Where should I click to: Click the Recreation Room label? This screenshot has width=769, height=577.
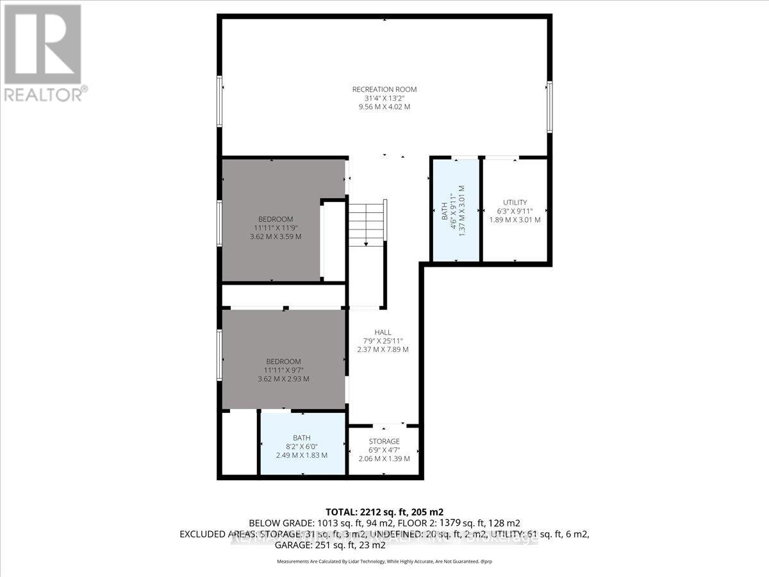(x=384, y=89)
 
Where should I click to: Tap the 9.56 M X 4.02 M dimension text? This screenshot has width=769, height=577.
(x=384, y=106)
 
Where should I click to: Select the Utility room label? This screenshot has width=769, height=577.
(x=515, y=203)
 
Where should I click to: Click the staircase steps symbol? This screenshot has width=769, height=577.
(x=367, y=221)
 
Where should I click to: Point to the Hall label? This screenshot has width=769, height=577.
(x=383, y=332)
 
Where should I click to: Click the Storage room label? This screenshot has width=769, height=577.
(x=384, y=441)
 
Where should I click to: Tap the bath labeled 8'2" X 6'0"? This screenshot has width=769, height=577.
(x=301, y=446)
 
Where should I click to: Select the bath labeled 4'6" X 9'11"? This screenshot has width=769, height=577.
(x=456, y=210)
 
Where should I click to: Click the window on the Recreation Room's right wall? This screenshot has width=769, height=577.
(x=549, y=106)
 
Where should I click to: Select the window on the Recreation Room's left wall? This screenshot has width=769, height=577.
(x=219, y=101)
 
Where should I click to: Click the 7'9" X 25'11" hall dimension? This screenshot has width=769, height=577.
(x=383, y=341)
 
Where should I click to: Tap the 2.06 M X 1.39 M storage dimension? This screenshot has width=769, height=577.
(x=384, y=458)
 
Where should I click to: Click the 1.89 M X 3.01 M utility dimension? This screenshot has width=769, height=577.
(x=515, y=220)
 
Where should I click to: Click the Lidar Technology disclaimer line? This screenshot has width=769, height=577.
(x=384, y=561)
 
